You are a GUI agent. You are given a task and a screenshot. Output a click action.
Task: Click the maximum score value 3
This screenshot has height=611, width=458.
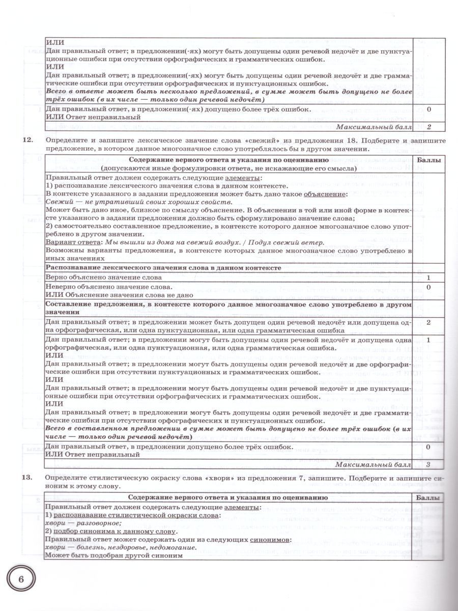(428, 464)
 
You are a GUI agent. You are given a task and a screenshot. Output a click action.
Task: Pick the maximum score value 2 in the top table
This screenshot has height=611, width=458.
(428, 127)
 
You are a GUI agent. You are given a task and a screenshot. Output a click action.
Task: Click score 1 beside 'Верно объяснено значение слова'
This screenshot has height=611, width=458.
(428, 277)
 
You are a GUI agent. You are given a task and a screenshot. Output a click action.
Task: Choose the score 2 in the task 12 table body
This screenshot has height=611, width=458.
(428, 322)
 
